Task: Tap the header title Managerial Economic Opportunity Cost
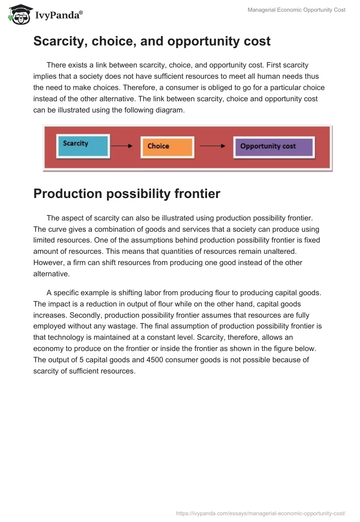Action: click(297, 10)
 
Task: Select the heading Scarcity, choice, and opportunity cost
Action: click(152, 41)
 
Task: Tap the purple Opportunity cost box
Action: click(273, 146)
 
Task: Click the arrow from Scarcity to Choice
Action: click(121, 146)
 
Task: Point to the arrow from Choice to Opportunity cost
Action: click(212, 146)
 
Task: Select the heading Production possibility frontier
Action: click(126, 193)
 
